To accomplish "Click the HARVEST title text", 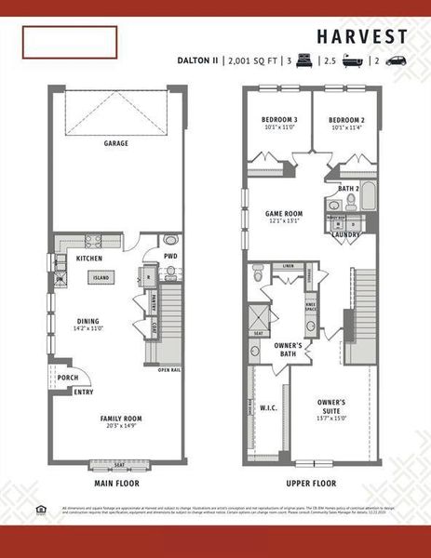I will click(361, 37).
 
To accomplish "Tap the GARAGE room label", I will click(115, 143).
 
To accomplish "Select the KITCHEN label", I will click(89, 258).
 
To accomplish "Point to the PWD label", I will click(170, 256).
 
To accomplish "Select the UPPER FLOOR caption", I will click(311, 484).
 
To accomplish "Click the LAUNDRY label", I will click(345, 234).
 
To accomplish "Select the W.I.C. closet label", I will click(270, 406).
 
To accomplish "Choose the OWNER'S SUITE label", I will click(331, 405).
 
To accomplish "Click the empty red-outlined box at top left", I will click(71, 42).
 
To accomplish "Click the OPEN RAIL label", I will click(168, 370).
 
